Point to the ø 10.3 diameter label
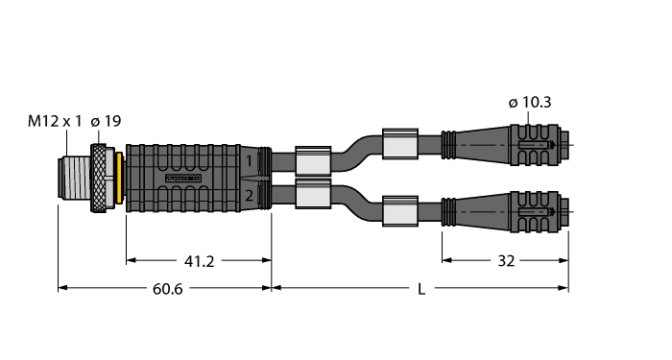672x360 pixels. pos(531,104)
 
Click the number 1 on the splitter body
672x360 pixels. pos(248,161)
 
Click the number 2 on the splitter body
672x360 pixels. pos(248,196)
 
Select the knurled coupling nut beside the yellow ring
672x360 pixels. pos(101,179)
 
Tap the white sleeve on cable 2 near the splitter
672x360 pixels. pos(314,196)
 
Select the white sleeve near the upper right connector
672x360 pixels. pos(400,144)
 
